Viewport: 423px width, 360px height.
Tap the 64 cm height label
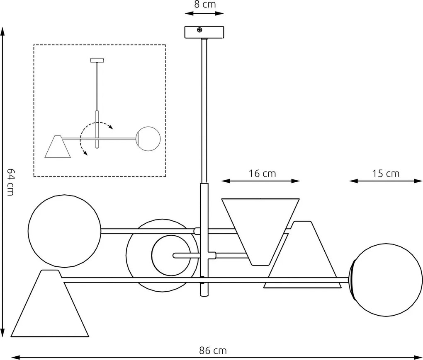[x=11, y=182]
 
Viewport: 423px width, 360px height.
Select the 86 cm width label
[x=213, y=350]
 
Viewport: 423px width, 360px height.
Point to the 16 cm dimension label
[x=262, y=173]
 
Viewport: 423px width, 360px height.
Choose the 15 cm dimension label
[x=386, y=173]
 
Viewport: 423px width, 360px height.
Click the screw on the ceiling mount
[x=200, y=30]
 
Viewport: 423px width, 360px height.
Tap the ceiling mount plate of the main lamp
[x=204, y=32]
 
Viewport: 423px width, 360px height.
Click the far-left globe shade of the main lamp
[x=64, y=231]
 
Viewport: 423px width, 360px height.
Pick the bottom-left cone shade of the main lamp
[x=50, y=307]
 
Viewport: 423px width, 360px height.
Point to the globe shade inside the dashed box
[x=148, y=138]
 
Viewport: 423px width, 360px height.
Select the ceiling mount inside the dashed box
[x=97, y=60]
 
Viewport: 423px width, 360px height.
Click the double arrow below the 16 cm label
[x=260, y=181]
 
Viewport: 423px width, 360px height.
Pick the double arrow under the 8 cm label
[x=204, y=13]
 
